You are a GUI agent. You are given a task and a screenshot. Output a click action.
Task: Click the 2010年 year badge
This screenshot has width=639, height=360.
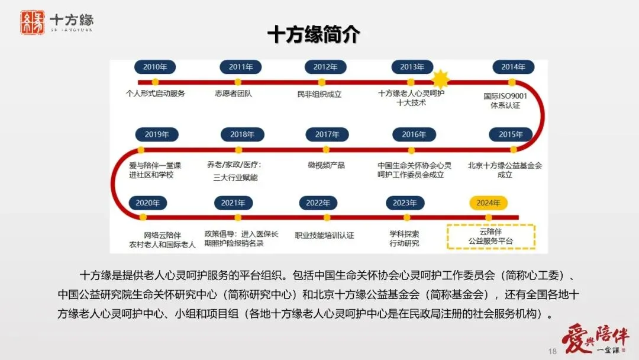pos(155,67)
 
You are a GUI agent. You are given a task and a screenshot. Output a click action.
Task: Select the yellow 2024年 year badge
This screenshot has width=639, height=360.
pos(488,202)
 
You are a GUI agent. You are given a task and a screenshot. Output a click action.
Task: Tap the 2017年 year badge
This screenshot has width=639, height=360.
pos(327,134)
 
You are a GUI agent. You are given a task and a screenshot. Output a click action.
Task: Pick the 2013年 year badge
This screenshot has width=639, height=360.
pos(412,67)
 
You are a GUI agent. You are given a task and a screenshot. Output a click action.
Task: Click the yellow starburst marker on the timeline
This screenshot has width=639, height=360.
pos(440,79)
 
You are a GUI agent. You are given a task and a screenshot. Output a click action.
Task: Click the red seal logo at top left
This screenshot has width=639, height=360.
pos(33,22)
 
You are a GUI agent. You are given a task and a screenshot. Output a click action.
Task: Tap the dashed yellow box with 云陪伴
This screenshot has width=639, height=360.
pos(490,236)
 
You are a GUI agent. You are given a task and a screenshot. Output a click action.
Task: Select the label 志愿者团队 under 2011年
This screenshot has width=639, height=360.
pos(233,94)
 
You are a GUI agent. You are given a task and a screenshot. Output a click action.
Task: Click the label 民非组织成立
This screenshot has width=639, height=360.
pos(319,94)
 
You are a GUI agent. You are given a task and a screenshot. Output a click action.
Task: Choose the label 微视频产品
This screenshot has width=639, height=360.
pos(326,165)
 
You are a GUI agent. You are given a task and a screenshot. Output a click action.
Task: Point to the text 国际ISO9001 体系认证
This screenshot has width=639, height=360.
pos(505,100)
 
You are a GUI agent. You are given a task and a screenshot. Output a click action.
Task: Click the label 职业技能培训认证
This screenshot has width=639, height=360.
pos(324,235)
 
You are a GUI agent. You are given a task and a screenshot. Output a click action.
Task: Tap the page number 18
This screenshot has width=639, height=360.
pos(553,351)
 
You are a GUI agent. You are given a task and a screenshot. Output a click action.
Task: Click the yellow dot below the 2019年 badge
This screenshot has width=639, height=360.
pos(141,150)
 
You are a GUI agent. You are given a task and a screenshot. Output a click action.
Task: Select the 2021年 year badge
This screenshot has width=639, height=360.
pos(233,202)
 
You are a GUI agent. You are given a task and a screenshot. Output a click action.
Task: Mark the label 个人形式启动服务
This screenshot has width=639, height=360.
pos(155,94)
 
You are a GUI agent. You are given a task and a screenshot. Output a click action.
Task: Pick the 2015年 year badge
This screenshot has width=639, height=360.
pos(511,134)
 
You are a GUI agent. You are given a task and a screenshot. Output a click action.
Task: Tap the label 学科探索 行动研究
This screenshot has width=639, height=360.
pos(404,239)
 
